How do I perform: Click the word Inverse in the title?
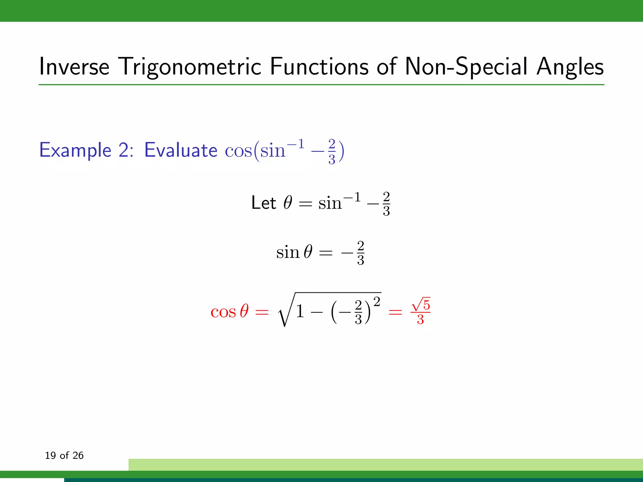point(74,67)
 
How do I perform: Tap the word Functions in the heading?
point(319,67)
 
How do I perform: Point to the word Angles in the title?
point(570,67)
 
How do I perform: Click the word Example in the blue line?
point(75,150)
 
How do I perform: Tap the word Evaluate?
point(181,150)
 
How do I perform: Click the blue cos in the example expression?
point(238,151)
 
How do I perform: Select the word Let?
point(263,203)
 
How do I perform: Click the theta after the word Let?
point(288,203)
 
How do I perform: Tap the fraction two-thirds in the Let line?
point(386,204)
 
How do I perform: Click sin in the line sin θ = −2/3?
point(288,253)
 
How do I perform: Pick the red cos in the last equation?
point(223,312)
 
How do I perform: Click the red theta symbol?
point(244,311)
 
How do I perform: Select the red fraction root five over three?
point(420,311)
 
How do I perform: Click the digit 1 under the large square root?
point(300,312)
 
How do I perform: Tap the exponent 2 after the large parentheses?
point(377,302)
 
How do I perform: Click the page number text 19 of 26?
point(64,455)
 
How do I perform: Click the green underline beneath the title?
point(321,85)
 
